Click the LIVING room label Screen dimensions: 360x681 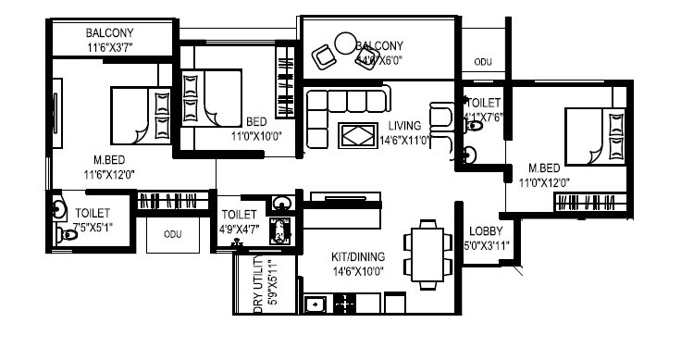click(404, 125)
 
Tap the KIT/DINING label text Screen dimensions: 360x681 click(357, 256)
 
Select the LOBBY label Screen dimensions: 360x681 click(485, 231)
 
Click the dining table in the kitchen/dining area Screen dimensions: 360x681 click(427, 252)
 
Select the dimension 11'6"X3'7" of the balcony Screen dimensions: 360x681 click(111, 46)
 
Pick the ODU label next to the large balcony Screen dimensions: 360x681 click(482, 62)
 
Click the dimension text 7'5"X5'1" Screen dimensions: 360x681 click(93, 229)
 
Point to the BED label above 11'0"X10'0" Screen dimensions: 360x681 click(256, 121)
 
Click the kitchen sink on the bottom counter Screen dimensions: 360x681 click(316, 304)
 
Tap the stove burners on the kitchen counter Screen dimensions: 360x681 click(345, 304)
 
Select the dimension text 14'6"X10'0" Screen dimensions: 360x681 click(357, 271)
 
